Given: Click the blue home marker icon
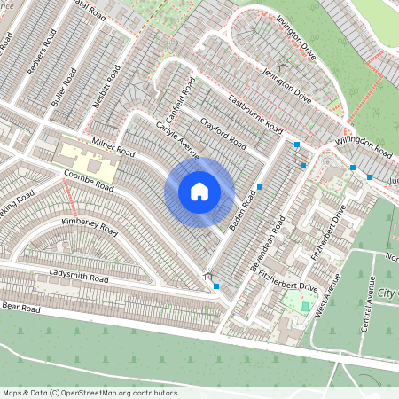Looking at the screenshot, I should pyautogui.click(x=199, y=192).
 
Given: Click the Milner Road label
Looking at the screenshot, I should pyautogui.click(x=113, y=147).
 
